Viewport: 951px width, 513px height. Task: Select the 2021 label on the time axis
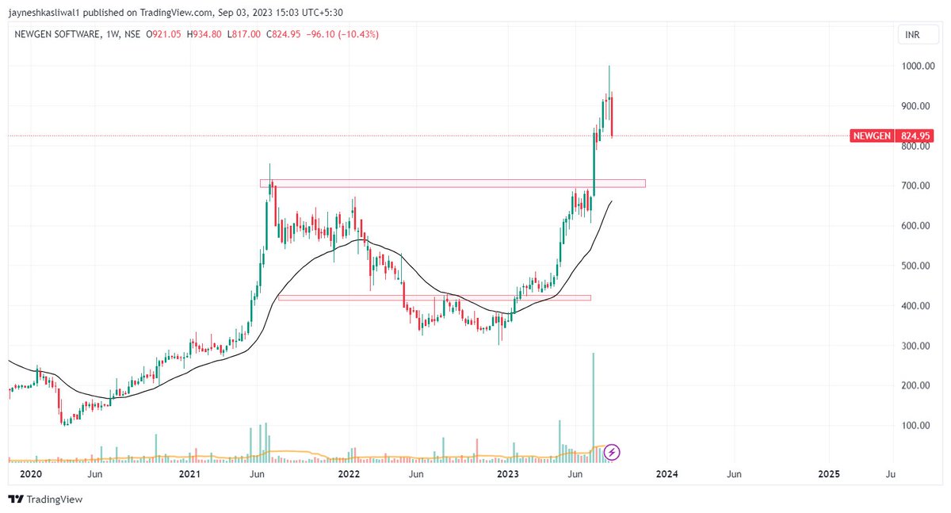[x=189, y=474]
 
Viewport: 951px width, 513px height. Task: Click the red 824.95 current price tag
[x=915, y=136]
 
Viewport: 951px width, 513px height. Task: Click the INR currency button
[x=912, y=36]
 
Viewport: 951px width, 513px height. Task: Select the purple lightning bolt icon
[x=612, y=453]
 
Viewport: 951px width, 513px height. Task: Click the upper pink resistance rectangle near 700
[x=452, y=184]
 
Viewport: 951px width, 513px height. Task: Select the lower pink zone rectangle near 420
[x=434, y=298]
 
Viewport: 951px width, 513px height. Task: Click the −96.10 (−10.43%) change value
[x=346, y=34]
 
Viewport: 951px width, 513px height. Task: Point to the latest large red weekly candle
[x=611, y=116]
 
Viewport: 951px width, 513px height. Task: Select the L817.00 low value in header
[x=244, y=34]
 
